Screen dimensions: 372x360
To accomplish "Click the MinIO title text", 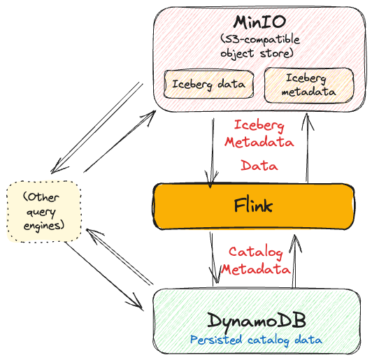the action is (259, 22).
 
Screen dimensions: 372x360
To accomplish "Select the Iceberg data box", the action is (209, 84).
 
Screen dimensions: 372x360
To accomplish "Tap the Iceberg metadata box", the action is (309, 85).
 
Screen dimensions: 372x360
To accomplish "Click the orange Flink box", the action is (253, 206).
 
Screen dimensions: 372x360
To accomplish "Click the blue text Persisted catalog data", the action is (256, 340).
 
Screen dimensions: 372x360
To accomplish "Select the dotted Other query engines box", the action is (44, 212).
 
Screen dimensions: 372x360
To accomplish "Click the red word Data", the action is (259, 165).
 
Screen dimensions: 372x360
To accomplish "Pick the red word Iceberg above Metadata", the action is (259, 126).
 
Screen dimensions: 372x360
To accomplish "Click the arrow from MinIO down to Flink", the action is (212, 153).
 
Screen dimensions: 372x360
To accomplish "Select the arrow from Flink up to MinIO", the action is (308, 148).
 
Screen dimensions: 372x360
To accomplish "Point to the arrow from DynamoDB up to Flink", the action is (294, 261).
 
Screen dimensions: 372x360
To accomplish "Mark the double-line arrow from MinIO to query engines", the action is (96, 129).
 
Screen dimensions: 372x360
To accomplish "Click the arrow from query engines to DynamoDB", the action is (104, 276).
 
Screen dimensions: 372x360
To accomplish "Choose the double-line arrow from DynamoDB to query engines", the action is (120, 257).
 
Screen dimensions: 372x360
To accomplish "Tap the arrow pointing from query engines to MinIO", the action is (120, 141).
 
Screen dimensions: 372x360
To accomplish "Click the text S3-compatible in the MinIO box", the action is (261, 39).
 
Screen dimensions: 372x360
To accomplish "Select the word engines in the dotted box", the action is (44, 226).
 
